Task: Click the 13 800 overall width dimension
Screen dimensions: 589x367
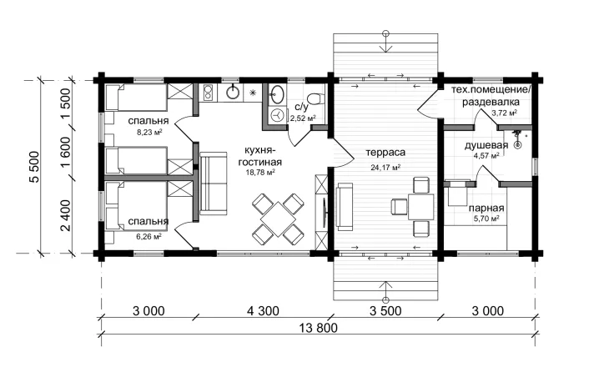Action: click(x=318, y=328)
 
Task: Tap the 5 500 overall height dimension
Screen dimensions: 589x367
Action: click(x=34, y=167)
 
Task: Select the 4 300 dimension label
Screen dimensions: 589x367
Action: click(x=263, y=311)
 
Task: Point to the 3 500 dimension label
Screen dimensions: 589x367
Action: click(x=385, y=311)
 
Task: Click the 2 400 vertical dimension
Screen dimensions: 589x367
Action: click(x=65, y=216)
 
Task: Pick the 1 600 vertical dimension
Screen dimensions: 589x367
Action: click(x=65, y=153)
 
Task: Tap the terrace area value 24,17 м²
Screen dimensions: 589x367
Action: click(x=385, y=168)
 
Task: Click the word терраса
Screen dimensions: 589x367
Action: click(x=385, y=153)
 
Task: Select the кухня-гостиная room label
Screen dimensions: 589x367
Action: click(x=260, y=156)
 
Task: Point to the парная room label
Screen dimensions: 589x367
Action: click(x=486, y=208)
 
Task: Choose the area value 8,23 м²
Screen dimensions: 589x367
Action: click(x=149, y=133)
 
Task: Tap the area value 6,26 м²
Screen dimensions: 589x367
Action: click(x=149, y=237)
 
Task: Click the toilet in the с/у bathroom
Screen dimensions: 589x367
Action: click(x=315, y=98)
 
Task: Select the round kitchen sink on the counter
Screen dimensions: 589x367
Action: click(x=234, y=93)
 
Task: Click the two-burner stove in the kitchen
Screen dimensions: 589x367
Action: click(x=208, y=93)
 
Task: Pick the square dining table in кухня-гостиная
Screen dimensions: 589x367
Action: click(x=278, y=219)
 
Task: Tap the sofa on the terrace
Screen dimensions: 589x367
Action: click(x=345, y=207)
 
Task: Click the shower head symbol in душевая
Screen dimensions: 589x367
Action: click(x=518, y=139)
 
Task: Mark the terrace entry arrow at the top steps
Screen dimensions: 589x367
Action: click(x=385, y=42)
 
